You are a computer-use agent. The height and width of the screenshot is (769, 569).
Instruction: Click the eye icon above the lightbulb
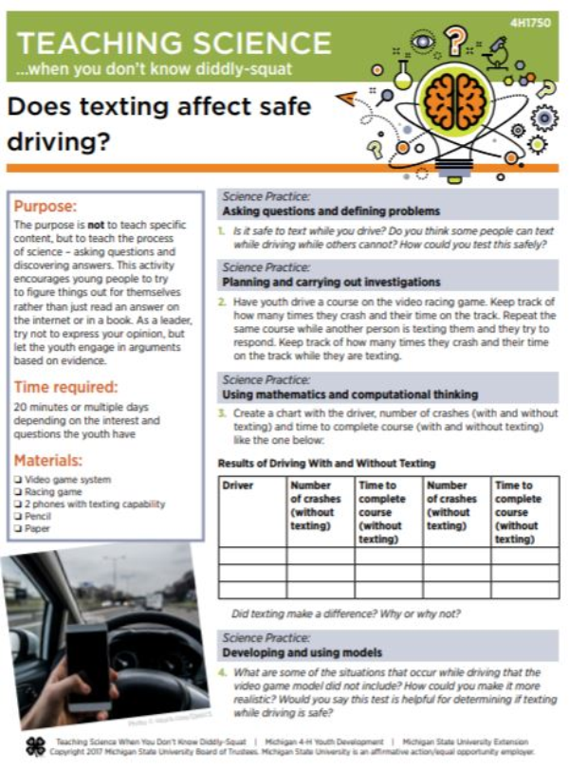tap(424, 42)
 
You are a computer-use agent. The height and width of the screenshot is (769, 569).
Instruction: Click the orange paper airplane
tap(345, 97)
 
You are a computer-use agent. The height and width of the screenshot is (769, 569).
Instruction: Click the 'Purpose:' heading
tap(46, 206)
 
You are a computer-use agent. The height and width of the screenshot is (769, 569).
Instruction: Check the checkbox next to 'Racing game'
tap(19, 492)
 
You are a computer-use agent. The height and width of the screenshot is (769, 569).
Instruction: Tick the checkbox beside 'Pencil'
tap(19, 517)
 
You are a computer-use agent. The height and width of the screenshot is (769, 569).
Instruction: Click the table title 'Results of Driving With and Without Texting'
tap(326, 463)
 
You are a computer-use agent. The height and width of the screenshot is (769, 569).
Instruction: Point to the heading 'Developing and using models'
tap(302, 653)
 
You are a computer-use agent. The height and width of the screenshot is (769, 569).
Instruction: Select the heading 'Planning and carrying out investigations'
tap(331, 283)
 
